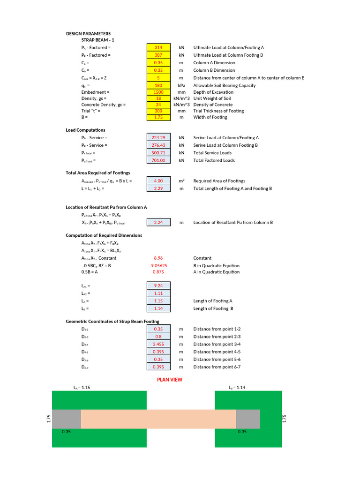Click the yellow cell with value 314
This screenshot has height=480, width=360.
pos(158,48)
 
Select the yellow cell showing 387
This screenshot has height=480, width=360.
pos(158,55)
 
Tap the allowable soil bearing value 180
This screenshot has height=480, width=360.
pos(158,85)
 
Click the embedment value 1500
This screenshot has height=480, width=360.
pos(158,92)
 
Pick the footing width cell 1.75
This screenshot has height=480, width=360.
pos(158,117)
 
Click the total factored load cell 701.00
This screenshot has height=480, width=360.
pos(158,160)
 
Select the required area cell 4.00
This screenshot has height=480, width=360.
pos(158,181)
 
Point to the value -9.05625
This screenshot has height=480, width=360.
pos(158,265)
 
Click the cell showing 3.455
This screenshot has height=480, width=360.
pos(158,344)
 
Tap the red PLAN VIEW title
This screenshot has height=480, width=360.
pos(170,380)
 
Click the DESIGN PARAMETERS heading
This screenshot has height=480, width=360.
pos(88,34)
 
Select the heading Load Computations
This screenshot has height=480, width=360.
pos(85,130)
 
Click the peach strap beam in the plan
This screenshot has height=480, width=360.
pos(158,419)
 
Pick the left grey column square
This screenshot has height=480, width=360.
pos(66,419)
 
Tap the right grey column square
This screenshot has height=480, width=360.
pos(248,419)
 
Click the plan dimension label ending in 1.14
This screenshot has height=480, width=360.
pos(237,388)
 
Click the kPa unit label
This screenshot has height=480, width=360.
pos(181,85)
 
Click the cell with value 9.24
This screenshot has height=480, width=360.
pos(158,285)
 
